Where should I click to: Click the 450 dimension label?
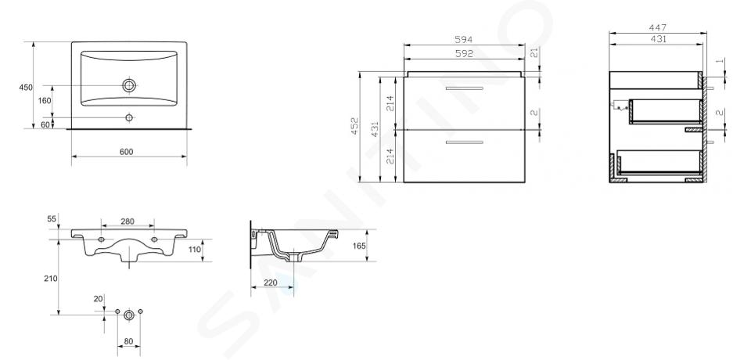[x=26, y=88]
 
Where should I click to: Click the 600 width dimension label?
[x=126, y=152]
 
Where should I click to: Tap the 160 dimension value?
[x=44, y=101]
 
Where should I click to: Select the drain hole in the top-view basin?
[x=129, y=86]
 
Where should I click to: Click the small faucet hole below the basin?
[x=129, y=117]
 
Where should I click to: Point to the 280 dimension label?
[x=128, y=221]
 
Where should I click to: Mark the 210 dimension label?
[x=51, y=279]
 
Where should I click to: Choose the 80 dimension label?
[x=129, y=342]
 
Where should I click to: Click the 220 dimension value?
[x=271, y=283]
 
